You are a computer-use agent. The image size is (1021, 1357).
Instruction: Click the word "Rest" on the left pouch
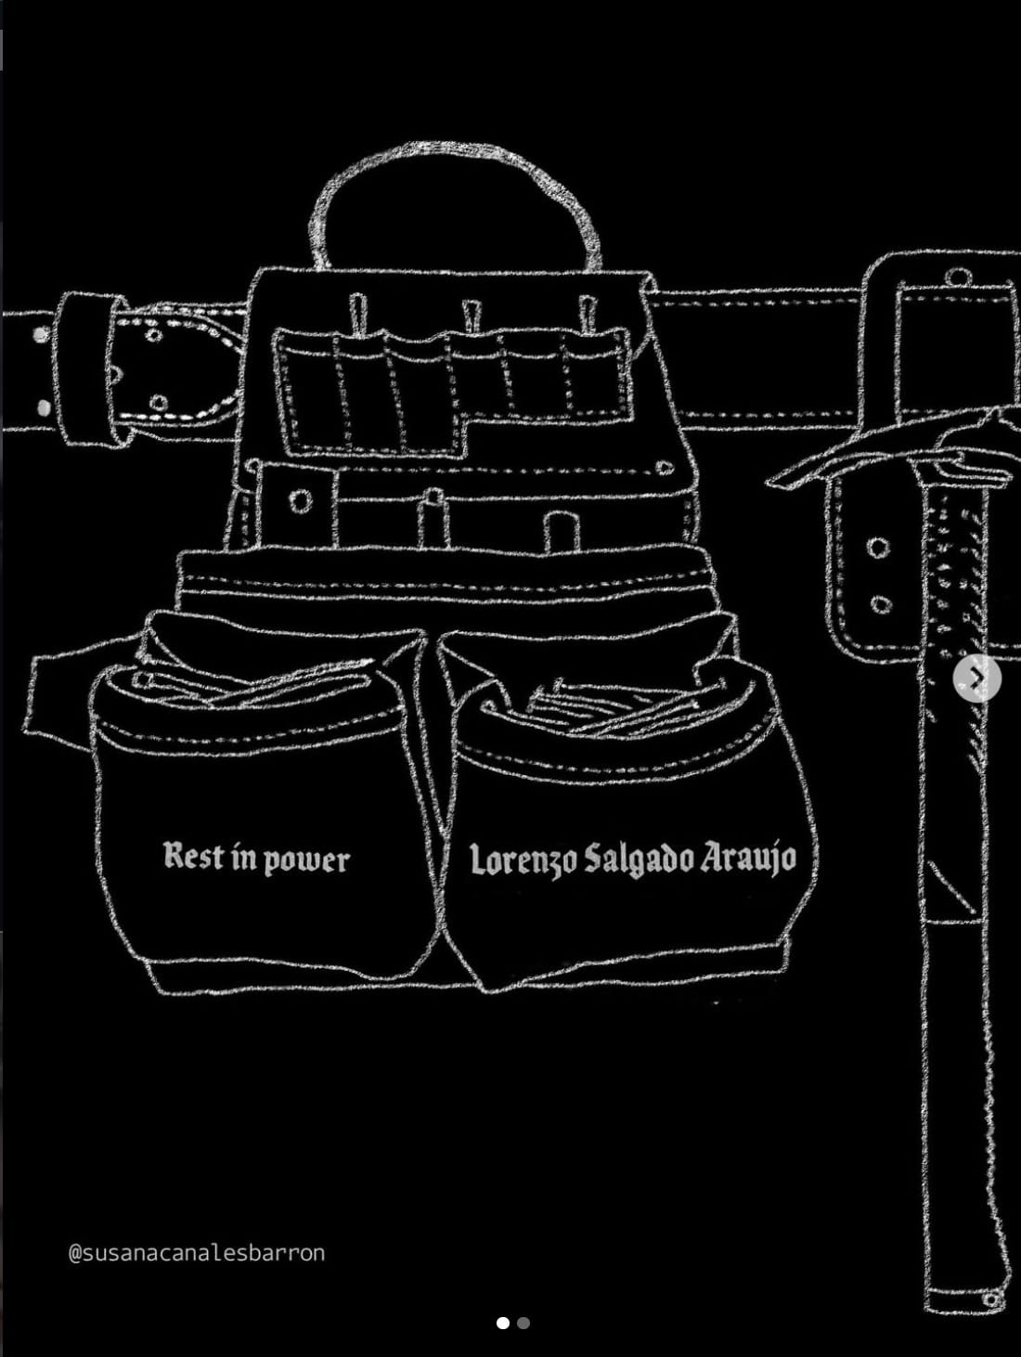tap(185, 856)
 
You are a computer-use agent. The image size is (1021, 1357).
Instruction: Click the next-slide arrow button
tap(977, 678)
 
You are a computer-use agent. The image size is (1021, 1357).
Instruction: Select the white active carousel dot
tap(503, 1323)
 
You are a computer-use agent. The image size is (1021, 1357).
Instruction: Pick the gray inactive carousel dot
tap(523, 1323)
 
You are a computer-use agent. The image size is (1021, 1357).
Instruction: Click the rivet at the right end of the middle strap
tap(665, 467)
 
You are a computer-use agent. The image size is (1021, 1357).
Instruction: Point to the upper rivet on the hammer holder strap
tap(878, 547)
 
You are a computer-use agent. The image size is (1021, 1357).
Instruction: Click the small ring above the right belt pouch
tap(957, 276)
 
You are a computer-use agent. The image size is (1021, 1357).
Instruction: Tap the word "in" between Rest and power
tap(236, 857)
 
